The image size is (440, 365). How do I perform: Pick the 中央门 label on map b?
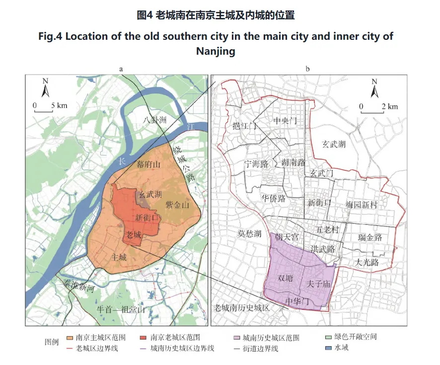pyautogui.click(x=285, y=121)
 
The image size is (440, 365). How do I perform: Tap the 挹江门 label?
pyautogui.click(x=244, y=126)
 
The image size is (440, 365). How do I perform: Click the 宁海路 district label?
pyautogui.click(x=256, y=163)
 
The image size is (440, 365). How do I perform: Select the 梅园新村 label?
pyautogui.click(x=362, y=204)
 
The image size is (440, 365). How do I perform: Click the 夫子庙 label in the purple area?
pyautogui.click(x=319, y=284)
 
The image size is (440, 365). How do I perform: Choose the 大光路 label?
pyautogui.click(x=367, y=262)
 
